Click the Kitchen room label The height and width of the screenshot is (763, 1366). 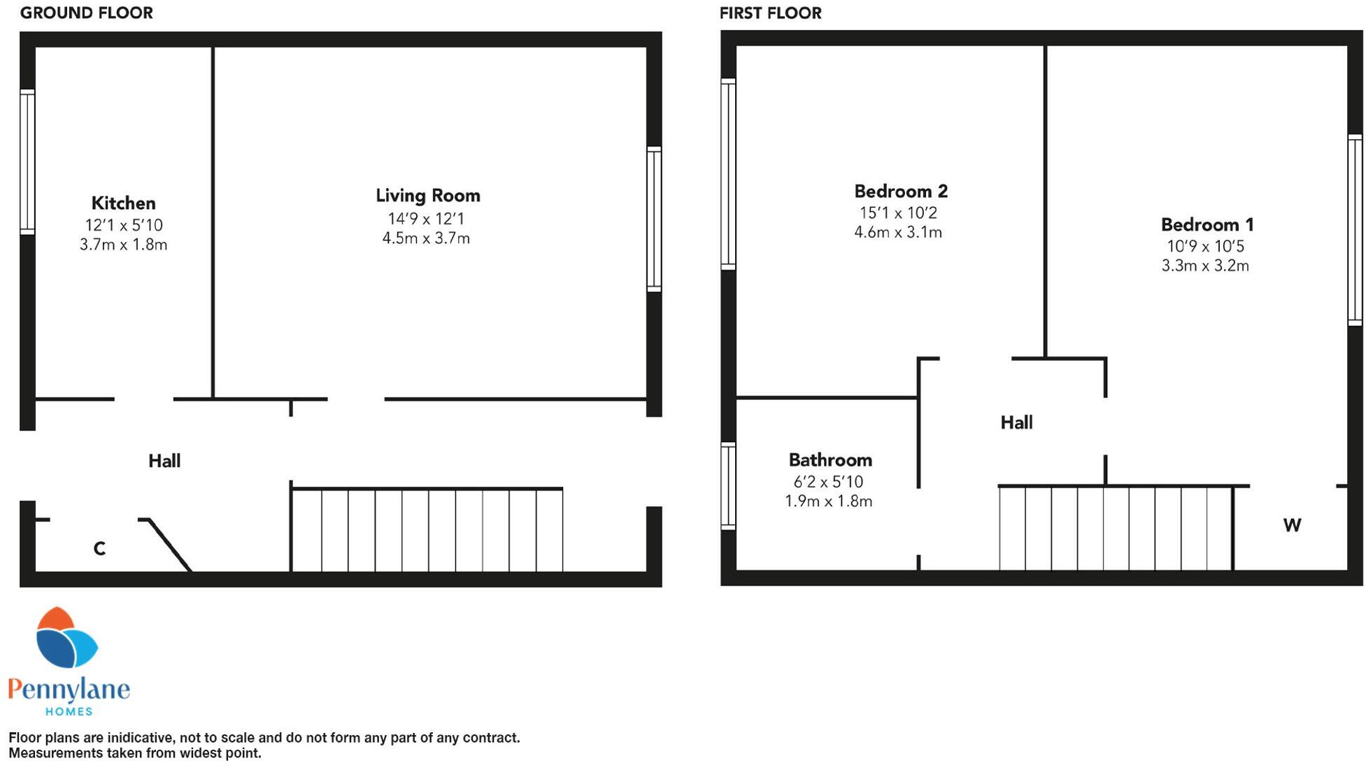(123, 204)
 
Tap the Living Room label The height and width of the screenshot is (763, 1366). (427, 196)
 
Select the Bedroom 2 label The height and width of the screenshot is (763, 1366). (900, 192)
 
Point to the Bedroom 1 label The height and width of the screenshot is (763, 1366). (1207, 225)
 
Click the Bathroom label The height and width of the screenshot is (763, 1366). (830, 460)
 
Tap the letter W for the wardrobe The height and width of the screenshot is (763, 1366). (1291, 525)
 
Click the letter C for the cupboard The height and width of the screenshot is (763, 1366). (99, 549)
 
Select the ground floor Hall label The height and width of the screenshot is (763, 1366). (164, 461)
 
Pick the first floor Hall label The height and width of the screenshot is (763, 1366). (1016, 422)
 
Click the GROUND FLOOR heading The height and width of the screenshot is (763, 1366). (86, 13)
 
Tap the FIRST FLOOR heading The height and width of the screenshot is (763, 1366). (770, 13)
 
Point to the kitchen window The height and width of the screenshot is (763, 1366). (27, 162)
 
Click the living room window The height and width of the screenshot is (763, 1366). (654, 219)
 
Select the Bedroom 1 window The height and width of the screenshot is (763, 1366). (1355, 229)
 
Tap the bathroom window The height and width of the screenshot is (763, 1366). (728, 485)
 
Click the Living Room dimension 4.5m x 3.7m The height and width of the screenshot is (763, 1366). (426, 238)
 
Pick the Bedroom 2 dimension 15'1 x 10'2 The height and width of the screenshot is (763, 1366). (898, 213)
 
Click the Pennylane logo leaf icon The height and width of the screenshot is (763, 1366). (66, 638)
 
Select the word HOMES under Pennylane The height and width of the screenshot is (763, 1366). (69, 711)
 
